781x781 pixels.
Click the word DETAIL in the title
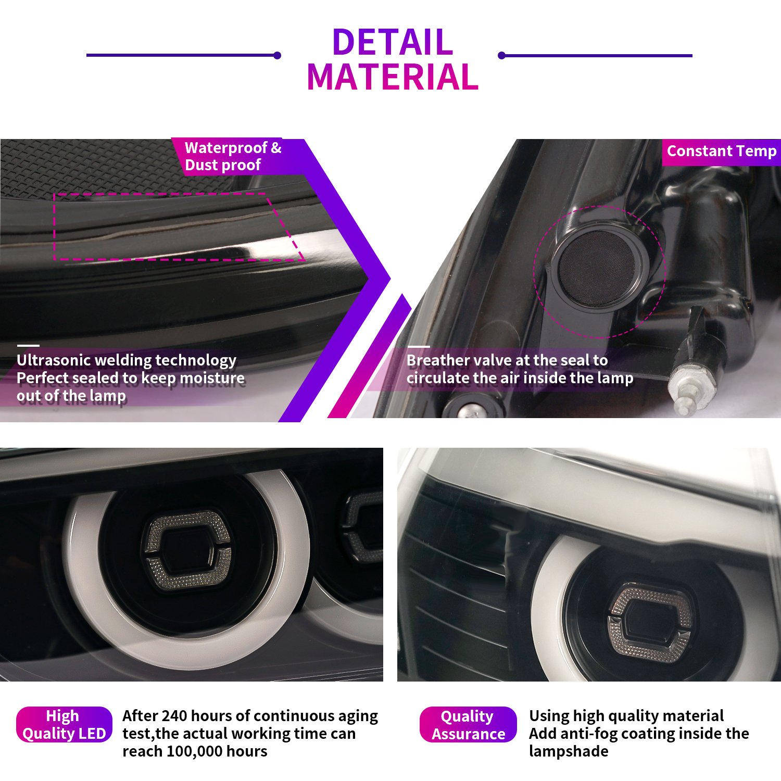tap(393, 42)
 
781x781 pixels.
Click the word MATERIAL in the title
tap(393, 77)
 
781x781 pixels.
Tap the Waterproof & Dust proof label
tap(233, 156)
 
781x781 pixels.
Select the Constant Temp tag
tap(722, 151)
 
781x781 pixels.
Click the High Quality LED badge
tap(64, 724)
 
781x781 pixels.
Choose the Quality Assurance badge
tap(468, 724)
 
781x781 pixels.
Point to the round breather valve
tap(599, 269)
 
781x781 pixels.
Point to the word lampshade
tap(569, 752)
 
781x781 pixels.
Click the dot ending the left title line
tap(278, 55)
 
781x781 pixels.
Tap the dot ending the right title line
tap(501, 55)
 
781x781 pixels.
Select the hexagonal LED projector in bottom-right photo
tap(649, 622)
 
